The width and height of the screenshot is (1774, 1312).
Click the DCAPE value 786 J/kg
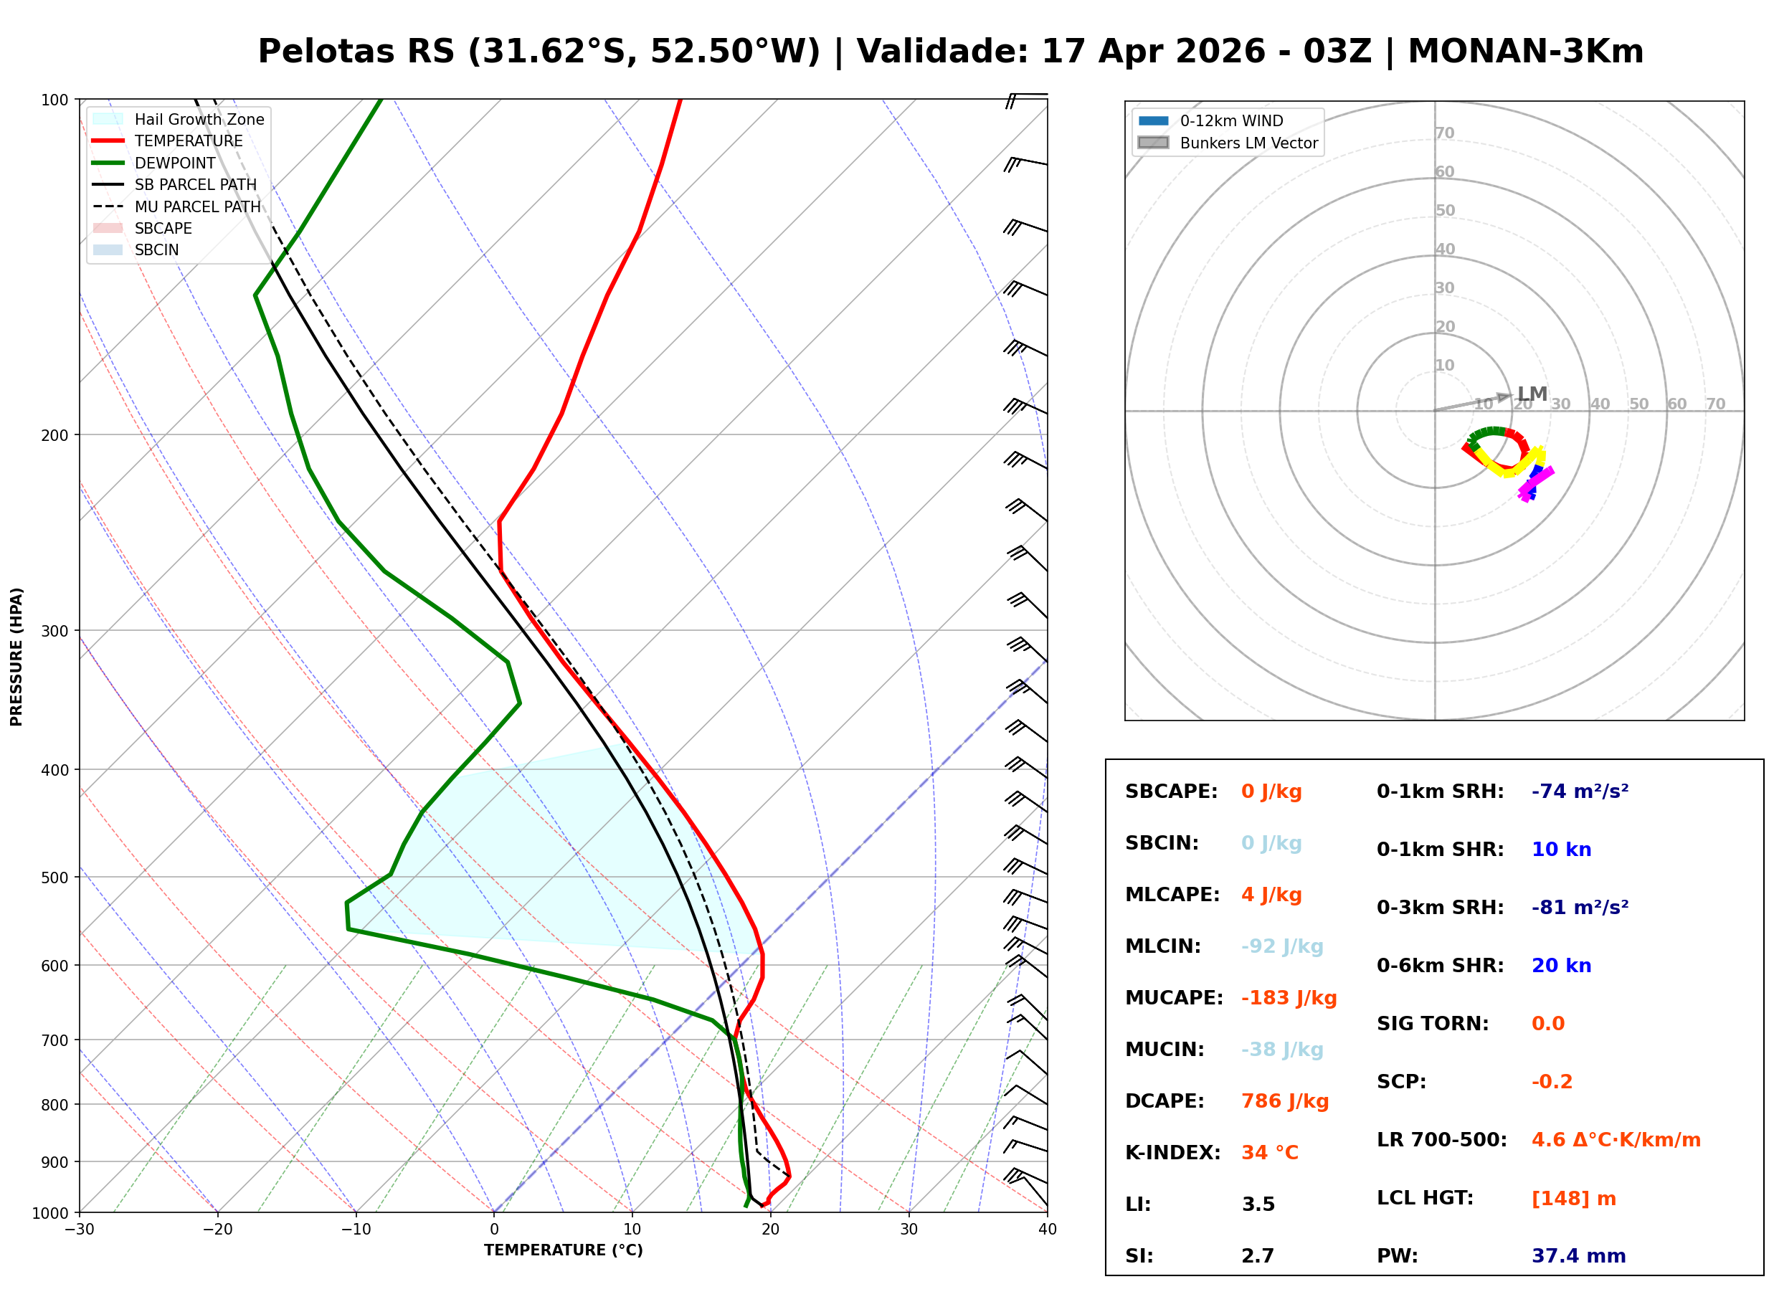(x=1284, y=1101)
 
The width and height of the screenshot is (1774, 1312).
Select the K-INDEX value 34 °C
(x=1269, y=1152)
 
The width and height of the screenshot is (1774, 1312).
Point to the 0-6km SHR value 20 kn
(x=1560, y=965)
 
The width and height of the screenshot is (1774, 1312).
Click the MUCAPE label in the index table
(x=1174, y=997)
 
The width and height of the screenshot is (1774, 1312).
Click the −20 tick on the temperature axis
(x=217, y=1230)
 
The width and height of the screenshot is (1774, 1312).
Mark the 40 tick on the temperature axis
(x=1047, y=1230)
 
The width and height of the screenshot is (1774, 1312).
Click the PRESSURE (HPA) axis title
(x=16, y=656)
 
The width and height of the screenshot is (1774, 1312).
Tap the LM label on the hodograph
(x=1532, y=394)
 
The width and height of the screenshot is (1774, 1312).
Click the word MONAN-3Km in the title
(x=1524, y=52)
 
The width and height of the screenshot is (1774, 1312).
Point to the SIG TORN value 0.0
(x=1547, y=1023)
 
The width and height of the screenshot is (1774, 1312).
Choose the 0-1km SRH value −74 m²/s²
(x=1580, y=791)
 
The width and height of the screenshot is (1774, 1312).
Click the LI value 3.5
(x=1258, y=1204)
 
